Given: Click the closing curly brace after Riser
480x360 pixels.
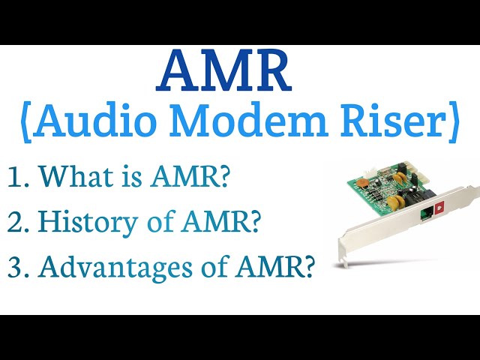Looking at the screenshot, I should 453,124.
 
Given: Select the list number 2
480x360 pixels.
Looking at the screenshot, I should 16,223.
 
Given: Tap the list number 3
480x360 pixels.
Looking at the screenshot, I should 16,268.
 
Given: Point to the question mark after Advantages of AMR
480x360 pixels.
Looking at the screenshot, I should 306,268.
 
